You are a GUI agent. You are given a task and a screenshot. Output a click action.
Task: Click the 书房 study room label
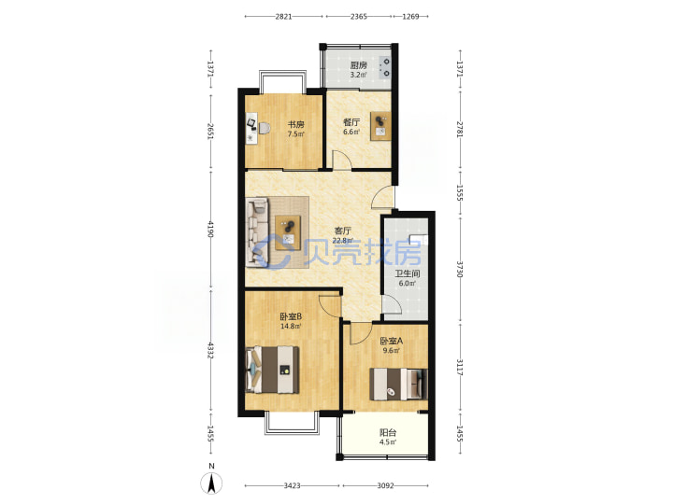pos(295,125)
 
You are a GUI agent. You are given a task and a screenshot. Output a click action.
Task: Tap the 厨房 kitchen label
pos(358,65)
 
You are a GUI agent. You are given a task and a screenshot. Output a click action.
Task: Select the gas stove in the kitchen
pos(384,67)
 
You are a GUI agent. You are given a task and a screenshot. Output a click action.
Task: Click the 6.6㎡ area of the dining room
pos(351,132)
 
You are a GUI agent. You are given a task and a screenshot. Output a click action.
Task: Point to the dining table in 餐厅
pos(380,126)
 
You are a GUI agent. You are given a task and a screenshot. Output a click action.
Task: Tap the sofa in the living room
pos(257,232)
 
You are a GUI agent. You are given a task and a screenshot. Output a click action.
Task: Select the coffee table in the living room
pos(288,232)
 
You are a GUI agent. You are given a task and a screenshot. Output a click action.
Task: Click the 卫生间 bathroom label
pos(408,273)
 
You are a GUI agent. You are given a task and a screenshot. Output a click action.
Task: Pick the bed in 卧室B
pos(272,370)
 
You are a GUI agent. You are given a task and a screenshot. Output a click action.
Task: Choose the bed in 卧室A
pos(399,384)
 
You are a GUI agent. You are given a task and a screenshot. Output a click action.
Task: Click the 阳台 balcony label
pos(388,433)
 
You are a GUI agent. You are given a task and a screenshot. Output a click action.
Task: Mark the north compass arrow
pos(211,483)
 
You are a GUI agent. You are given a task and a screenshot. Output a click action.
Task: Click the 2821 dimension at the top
pos(283,17)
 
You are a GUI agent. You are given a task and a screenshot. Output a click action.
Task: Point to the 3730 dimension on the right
pos(460,269)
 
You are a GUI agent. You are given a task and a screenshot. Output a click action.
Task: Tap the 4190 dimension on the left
pos(210,230)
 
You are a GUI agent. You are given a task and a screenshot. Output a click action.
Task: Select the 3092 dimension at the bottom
pos(385,485)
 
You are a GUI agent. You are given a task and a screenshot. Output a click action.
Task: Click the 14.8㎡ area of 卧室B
pos(290,326)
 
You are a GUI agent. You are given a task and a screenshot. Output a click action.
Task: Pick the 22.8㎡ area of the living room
pos(342,241)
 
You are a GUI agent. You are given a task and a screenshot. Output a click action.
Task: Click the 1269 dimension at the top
pos(410,17)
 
